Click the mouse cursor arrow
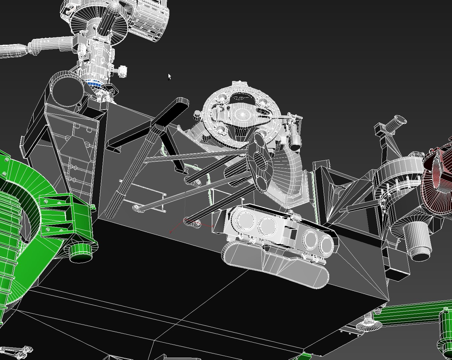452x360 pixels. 169,77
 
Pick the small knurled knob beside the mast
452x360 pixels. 123,71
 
